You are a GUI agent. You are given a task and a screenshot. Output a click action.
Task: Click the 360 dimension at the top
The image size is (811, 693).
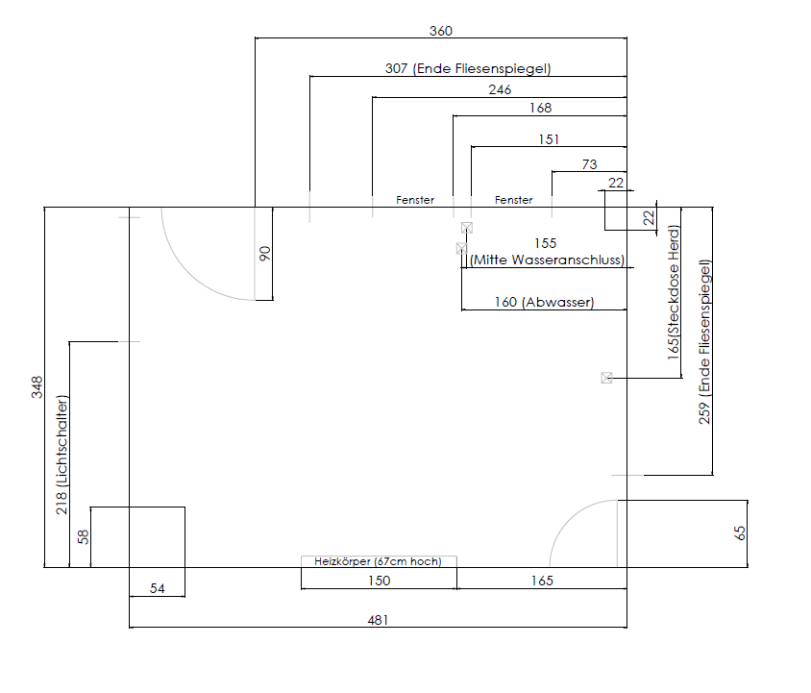tap(441, 31)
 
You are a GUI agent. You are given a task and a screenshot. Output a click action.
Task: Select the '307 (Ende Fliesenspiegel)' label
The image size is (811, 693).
tap(468, 69)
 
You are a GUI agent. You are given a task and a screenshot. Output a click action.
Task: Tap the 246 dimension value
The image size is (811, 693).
tap(500, 90)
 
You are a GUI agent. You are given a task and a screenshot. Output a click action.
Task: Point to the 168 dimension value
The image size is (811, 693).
tap(540, 109)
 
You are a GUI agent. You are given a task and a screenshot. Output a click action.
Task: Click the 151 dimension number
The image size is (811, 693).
tap(549, 139)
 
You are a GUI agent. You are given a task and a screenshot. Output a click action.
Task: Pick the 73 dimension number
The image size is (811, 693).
tap(590, 164)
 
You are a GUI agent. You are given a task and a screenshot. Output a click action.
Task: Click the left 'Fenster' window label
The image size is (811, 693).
tap(415, 200)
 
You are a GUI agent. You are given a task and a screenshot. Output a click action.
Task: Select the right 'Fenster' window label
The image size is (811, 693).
tap(513, 200)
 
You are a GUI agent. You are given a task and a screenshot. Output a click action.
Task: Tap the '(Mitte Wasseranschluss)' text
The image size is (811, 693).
tap(547, 260)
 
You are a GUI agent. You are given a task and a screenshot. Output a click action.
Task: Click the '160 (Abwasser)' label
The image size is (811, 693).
tap(544, 302)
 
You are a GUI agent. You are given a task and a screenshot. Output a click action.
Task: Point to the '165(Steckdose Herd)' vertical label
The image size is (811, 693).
tap(673, 292)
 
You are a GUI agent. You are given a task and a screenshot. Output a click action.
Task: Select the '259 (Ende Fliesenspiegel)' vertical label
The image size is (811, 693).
tap(704, 341)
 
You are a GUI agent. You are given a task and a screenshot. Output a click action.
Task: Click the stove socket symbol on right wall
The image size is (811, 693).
tap(606, 378)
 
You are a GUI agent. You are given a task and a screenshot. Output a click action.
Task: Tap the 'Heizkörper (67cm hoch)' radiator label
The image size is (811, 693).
tap(378, 561)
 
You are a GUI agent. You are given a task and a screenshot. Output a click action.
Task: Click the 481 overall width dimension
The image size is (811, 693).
tap(378, 620)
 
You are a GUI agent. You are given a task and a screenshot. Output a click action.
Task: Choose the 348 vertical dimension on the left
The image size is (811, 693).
tap(37, 387)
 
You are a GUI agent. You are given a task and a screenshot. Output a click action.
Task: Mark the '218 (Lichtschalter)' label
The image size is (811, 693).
tap(61, 455)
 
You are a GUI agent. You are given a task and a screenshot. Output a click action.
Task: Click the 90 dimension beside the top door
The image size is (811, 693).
tap(264, 254)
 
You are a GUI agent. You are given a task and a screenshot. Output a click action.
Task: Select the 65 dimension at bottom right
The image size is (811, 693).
tap(740, 533)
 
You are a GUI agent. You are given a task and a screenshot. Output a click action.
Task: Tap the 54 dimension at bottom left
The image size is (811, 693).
tap(158, 588)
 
